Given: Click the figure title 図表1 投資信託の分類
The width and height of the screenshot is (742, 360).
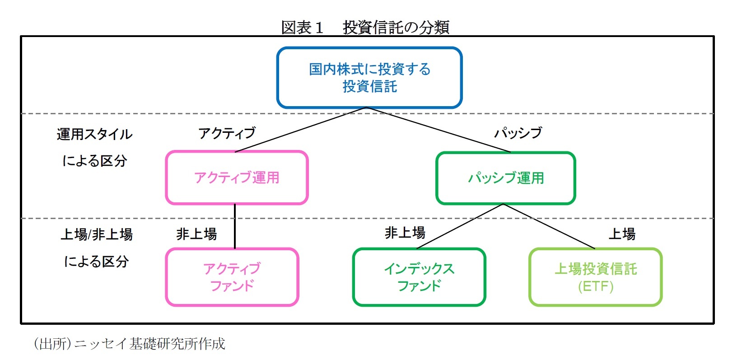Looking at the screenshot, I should pyautogui.click(x=365, y=27).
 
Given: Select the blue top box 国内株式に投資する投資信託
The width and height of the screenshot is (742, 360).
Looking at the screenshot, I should pyautogui.click(x=369, y=78).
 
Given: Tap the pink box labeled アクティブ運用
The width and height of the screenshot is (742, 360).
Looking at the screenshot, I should pyautogui.click(x=237, y=178).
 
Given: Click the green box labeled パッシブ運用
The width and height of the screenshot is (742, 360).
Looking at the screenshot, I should pyautogui.click(x=505, y=178).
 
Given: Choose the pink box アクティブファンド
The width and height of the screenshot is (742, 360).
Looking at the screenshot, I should pyautogui.click(x=232, y=277).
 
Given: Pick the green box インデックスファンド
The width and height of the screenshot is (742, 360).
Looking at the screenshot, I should pyautogui.click(x=419, y=277).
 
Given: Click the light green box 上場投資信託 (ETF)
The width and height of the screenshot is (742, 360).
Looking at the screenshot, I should pyautogui.click(x=595, y=277).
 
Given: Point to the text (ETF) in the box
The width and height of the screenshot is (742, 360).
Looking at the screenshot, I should pyautogui.click(x=595, y=286).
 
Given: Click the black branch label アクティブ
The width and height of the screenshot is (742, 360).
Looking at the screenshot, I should pyautogui.click(x=227, y=133).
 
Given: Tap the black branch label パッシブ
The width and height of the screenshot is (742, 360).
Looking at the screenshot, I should pyautogui.click(x=518, y=133).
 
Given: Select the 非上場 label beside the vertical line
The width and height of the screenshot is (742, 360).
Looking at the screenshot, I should pyautogui.click(x=196, y=234).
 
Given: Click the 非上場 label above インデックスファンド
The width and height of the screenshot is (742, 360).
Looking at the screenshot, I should pyautogui.click(x=405, y=233).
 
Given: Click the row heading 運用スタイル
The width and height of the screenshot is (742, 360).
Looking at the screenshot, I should pyautogui.click(x=94, y=134).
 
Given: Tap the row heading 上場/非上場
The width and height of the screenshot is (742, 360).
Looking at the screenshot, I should pyautogui.click(x=96, y=234).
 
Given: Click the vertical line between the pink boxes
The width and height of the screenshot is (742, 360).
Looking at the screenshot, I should pyautogui.click(x=235, y=226).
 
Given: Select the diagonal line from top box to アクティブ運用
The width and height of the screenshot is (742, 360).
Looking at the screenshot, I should pyautogui.click(x=300, y=130).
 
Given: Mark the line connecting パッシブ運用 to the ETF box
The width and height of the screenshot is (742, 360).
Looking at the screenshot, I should pyautogui.click(x=549, y=226).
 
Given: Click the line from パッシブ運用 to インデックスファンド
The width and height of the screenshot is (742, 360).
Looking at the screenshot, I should pyautogui.click(x=460, y=226).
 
